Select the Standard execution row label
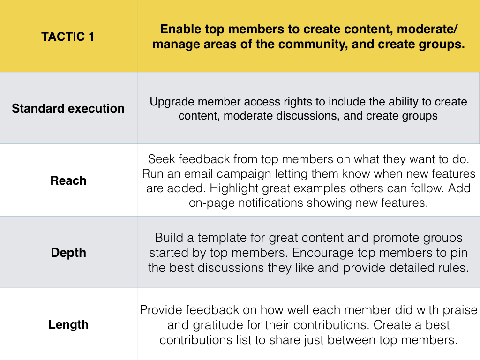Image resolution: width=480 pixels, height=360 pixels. (68, 108)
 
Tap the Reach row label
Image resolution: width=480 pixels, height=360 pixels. (68, 180)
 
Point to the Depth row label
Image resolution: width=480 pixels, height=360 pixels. (68, 253)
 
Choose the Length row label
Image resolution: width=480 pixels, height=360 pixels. (68, 325)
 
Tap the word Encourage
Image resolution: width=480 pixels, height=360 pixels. (322, 253)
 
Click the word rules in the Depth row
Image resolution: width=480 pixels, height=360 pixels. (454, 268)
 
